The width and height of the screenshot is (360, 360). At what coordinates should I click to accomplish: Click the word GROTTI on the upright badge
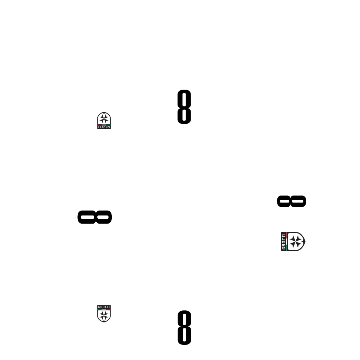[104, 307]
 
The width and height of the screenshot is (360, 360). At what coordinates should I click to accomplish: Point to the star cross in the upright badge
[104, 315]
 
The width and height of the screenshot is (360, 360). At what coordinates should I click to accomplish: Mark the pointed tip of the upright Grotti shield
[104, 322]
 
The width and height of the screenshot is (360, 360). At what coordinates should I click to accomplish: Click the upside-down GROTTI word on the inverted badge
[104, 127]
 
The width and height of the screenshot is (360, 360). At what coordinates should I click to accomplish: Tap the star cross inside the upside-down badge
[104, 119]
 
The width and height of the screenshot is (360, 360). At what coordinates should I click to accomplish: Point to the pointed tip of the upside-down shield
[104, 112]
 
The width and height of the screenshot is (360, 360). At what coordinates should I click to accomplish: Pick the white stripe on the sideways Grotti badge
[287, 242]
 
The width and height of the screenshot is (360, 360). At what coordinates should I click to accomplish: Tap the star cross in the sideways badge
[295, 242]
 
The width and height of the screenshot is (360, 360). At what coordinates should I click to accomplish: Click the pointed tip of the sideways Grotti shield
[305, 242]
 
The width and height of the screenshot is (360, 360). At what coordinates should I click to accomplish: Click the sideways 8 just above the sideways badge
[291, 201]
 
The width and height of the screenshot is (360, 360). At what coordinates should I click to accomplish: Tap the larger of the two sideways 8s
[95, 217]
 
